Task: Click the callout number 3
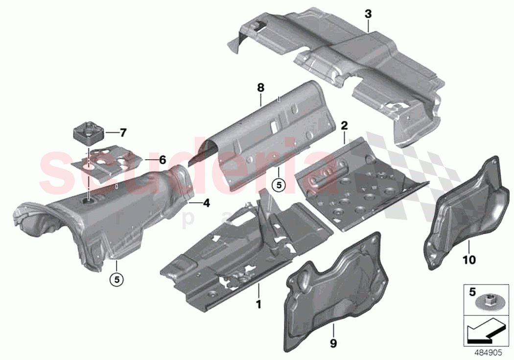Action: [368, 14]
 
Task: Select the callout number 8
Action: [260, 88]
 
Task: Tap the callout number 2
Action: [344, 126]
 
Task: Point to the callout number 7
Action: [122, 132]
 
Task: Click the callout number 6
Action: [163, 160]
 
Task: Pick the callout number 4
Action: [206, 202]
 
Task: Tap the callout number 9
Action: [333, 344]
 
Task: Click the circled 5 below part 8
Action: [279, 185]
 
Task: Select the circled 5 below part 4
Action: [117, 279]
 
